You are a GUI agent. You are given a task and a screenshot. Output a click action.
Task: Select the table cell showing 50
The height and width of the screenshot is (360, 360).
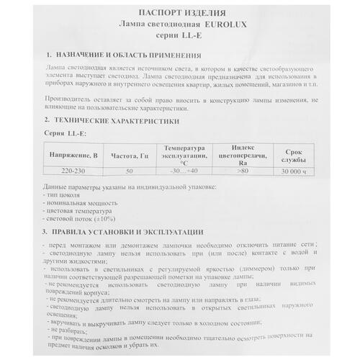[x=129, y=171]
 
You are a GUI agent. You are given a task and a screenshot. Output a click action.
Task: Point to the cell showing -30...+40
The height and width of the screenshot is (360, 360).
[x=184, y=171]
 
